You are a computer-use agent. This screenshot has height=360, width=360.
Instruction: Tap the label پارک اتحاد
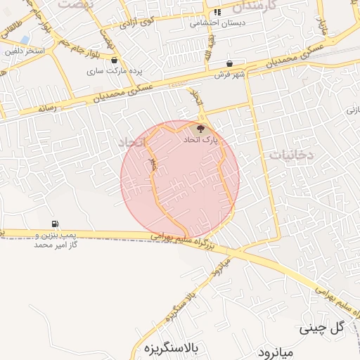201,140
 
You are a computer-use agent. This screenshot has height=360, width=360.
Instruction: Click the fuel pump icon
55,224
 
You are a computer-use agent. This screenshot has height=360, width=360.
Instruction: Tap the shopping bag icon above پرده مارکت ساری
114,61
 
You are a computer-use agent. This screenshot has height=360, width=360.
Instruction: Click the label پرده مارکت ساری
105,71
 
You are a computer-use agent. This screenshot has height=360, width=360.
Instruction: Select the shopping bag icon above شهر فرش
229,64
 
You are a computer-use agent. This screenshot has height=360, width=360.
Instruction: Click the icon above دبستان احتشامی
217,12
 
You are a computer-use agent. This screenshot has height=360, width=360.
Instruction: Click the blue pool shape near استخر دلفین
25,39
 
